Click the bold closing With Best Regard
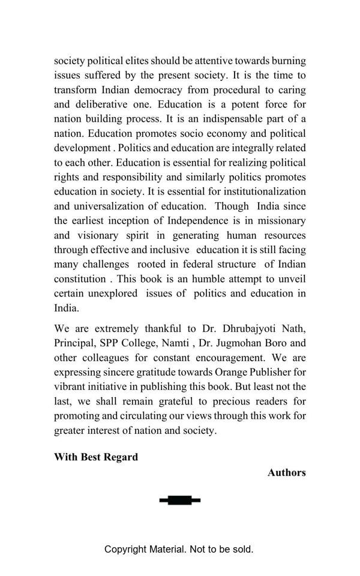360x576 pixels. pos(96,457)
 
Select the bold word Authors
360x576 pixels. pos(287,473)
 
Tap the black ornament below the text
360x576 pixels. pos(180,500)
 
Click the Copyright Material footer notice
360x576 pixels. pos(179,549)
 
